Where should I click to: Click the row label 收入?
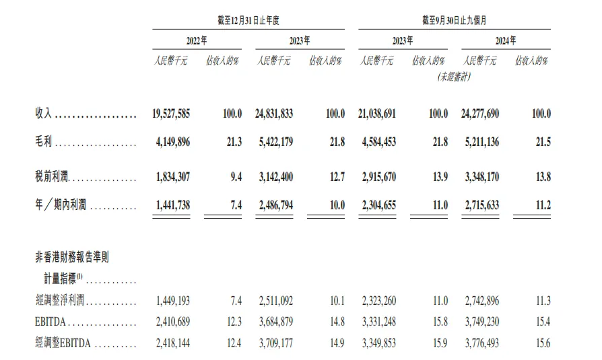[44, 114]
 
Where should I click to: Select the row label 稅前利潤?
[53, 178]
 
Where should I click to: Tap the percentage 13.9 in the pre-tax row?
[438, 178]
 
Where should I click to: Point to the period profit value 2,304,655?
[377, 205]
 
